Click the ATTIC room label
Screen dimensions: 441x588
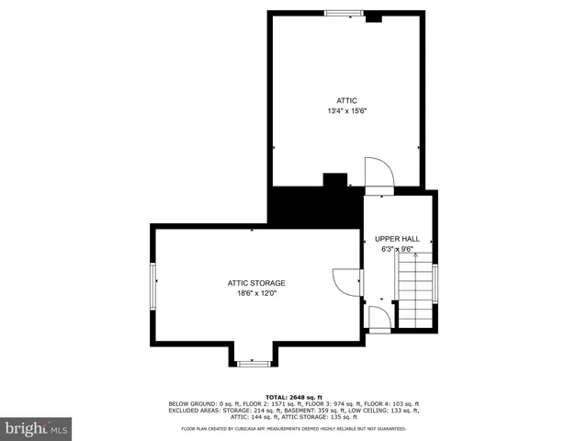pyautogui.click(x=346, y=100)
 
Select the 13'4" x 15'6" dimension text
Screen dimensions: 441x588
pyautogui.click(x=346, y=111)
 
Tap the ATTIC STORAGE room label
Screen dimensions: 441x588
pyautogui.click(x=256, y=282)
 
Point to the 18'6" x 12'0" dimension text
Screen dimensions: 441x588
pyautogui.click(x=256, y=293)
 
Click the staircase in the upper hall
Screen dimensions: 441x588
pyautogui.click(x=414, y=292)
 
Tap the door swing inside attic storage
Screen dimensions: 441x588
pyautogui.click(x=346, y=281)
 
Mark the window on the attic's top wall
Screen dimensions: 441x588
pyautogui.click(x=344, y=13)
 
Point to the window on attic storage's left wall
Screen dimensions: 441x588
pyautogui.click(x=153, y=284)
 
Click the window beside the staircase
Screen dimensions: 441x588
pyautogui.click(x=435, y=283)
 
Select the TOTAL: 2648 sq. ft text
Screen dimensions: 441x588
pyautogui.click(x=294, y=396)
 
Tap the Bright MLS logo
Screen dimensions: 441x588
pyautogui.click(x=37, y=428)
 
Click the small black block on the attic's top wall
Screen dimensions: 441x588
pyautogui.click(x=374, y=17)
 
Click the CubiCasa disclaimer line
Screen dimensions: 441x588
pyautogui.click(x=294, y=428)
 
